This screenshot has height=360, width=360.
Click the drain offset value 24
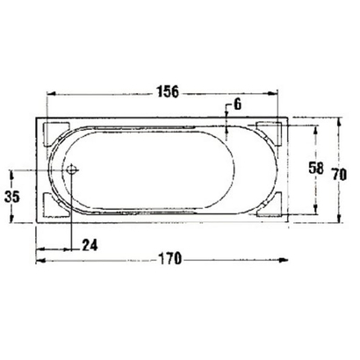pyautogui.click(x=90, y=244)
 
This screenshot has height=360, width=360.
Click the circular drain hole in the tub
pyautogui.click(x=72, y=169)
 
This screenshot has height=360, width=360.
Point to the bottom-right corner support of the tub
pyautogui.click(x=269, y=207)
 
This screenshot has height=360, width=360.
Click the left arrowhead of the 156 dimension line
pyautogui.click(x=50, y=91)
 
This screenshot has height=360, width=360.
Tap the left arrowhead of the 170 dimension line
pyautogui.click(x=40, y=258)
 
